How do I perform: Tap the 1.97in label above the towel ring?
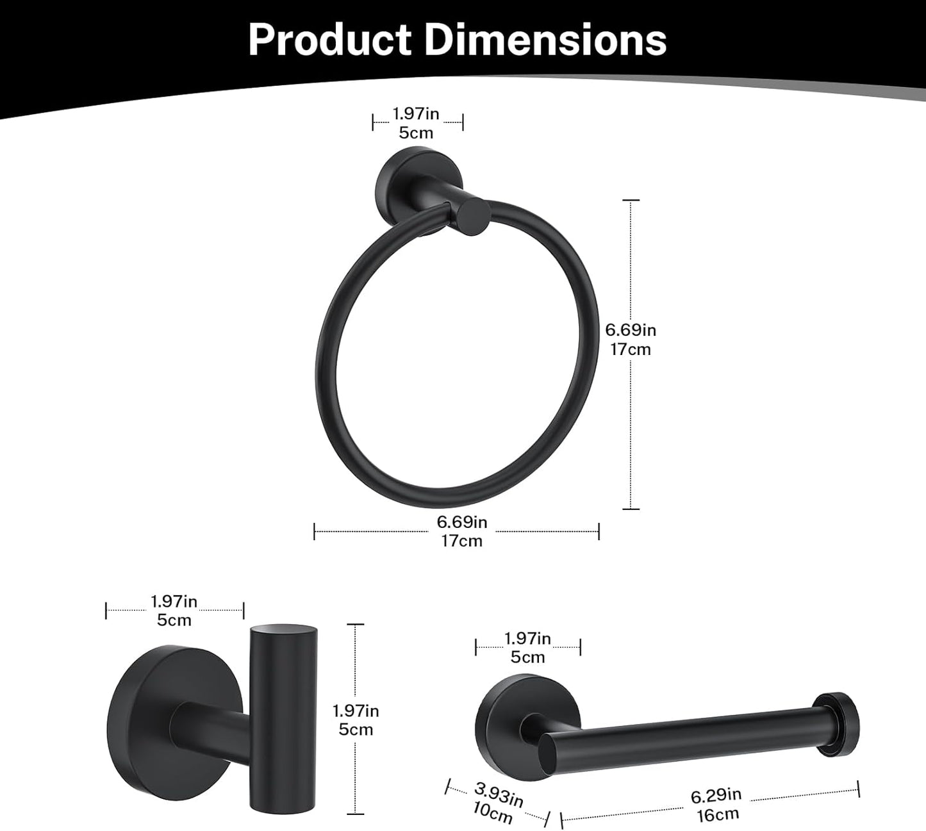click(416, 114)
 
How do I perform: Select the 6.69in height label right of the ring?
click(631, 330)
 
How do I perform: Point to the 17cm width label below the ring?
click(461, 541)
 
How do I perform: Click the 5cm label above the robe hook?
click(174, 620)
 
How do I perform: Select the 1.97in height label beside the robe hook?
click(356, 711)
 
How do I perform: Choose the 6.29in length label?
click(716, 796)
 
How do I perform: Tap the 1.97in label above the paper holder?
click(527, 639)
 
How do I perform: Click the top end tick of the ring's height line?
click(631, 201)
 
